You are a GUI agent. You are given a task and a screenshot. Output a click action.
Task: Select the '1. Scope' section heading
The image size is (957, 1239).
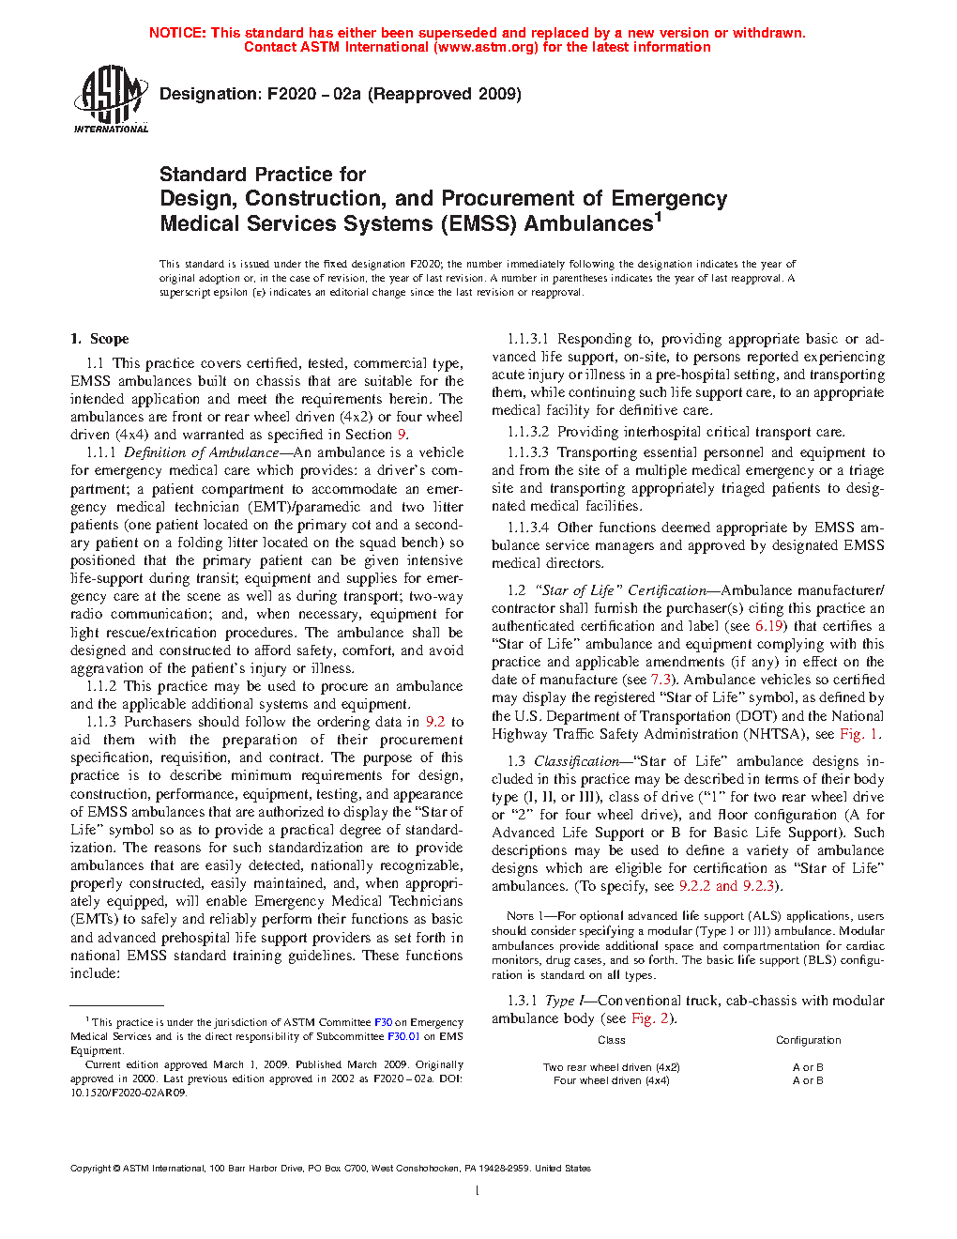(99, 339)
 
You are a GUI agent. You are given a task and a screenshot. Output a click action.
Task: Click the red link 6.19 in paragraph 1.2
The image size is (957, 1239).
(768, 626)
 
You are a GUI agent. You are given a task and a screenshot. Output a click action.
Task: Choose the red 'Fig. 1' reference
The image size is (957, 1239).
(859, 734)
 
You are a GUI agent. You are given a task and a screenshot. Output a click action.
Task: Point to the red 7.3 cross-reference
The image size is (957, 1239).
(661, 680)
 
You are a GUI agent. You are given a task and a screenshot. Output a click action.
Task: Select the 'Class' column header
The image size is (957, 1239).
(611, 1040)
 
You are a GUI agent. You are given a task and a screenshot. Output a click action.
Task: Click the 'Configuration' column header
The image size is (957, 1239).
(808, 1040)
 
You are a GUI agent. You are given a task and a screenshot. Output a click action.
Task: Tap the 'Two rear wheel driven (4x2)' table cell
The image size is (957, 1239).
(611, 1067)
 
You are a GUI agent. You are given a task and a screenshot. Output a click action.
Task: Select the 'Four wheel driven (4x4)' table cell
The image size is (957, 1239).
(611, 1081)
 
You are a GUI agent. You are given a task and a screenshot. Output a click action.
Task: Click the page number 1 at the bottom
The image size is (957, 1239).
(478, 1191)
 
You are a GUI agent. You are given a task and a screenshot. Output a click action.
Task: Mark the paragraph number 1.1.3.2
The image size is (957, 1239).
(528, 433)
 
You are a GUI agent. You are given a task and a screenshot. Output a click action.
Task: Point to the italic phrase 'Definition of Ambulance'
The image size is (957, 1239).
(202, 452)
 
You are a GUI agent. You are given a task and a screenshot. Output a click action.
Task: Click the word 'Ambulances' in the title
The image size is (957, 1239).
(588, 224)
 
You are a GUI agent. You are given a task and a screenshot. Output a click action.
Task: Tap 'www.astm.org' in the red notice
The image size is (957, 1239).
(486, 47)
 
